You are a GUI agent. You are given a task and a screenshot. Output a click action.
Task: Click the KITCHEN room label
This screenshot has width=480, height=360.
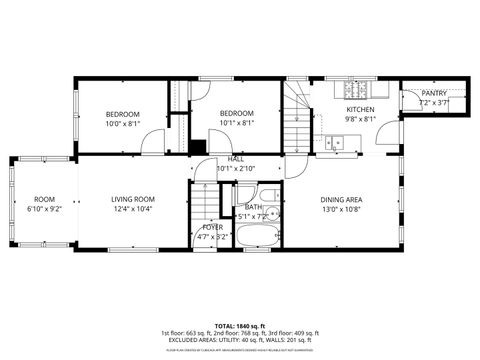[x=360, y=109]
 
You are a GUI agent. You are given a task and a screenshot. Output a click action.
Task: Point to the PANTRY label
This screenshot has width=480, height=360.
[x=434, y=93]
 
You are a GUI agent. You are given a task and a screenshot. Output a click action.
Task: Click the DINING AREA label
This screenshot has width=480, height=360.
[x=341, y=200]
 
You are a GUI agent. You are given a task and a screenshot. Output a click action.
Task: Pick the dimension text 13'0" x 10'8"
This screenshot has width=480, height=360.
[x=341, y=210]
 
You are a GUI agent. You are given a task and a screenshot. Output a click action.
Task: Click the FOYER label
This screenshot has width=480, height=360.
[x=213, y=227]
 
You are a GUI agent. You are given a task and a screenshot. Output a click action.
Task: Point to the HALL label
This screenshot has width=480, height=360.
[x=236, y=159]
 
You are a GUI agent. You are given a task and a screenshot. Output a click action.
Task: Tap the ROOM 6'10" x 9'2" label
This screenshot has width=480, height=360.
[x=45, y=204]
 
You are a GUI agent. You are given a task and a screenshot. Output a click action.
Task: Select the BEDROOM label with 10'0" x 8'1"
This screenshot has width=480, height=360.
[x=123, y=118]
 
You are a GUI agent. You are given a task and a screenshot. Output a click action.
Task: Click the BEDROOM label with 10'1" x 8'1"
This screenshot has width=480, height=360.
[x=237, y=118]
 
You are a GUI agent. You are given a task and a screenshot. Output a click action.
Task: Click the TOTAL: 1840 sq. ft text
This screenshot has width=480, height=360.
[x=239, y=326]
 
